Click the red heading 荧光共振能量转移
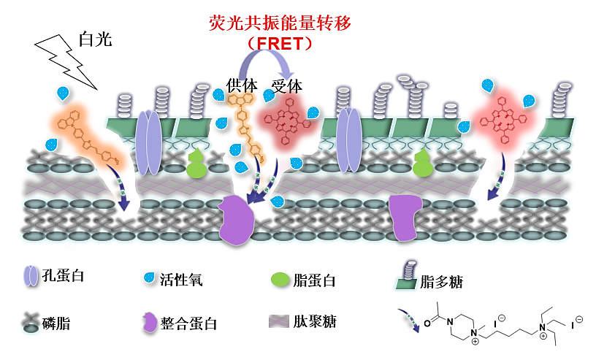pos(280,23)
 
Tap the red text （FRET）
pos(280,44)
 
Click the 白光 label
pos(95,39)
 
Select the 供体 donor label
pos(242,85)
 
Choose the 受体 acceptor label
pos(286,85)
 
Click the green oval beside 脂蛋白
pos(280,279)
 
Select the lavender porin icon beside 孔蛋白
pos(30,275)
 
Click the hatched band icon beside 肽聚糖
pos(279,321)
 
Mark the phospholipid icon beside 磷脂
pos(30,323)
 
